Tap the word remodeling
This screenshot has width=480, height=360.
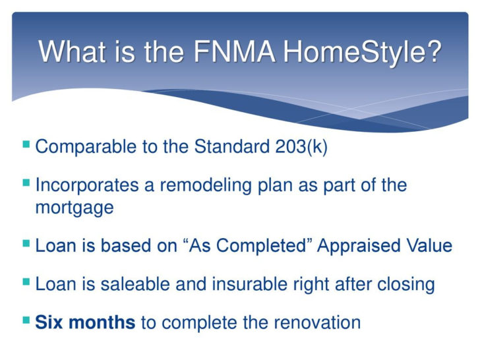point(197,185)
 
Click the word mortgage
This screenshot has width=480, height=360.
point(74,207)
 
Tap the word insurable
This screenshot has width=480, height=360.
point(233,284)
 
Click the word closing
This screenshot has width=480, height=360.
point(404,284)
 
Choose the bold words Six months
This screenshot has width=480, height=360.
point(85,322)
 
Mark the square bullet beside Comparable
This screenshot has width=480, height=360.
point(26,144)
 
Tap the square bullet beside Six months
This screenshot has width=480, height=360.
point(26,321)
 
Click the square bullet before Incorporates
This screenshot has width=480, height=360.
point(26,183)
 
